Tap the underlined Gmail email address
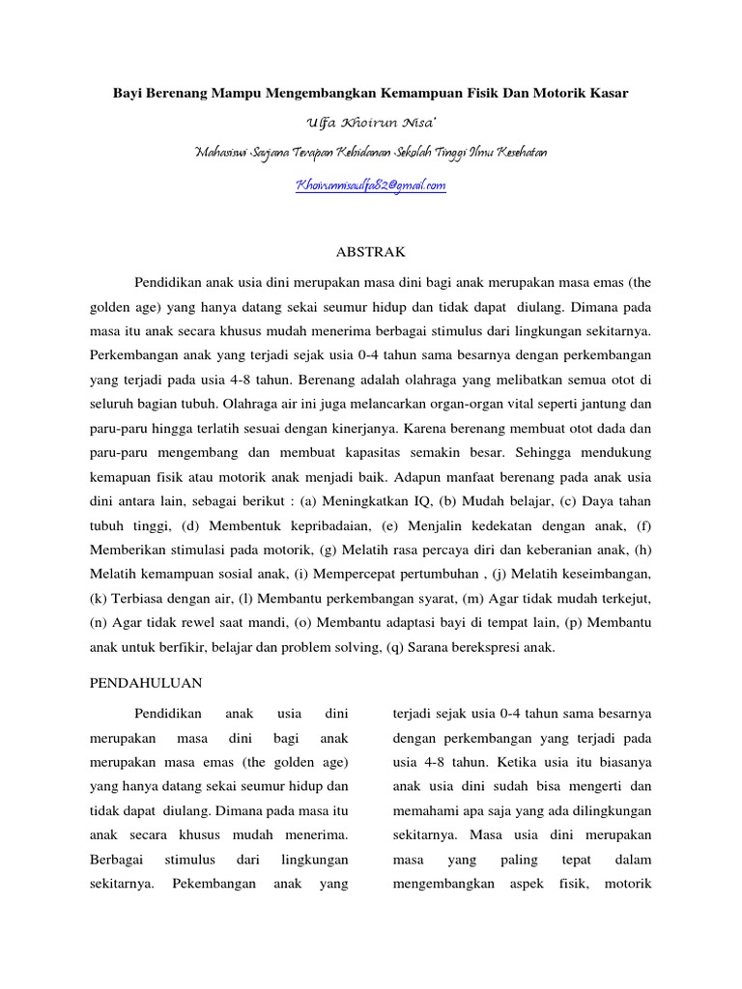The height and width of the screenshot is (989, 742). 370,184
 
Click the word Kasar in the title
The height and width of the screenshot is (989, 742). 608,93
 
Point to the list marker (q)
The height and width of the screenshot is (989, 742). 394,649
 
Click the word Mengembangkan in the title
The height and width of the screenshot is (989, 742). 309,93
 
